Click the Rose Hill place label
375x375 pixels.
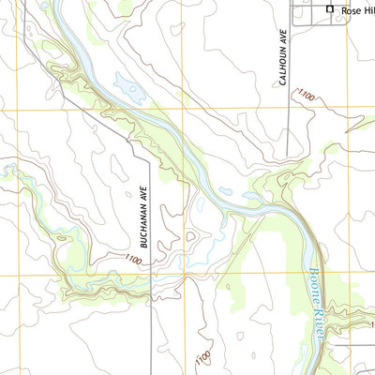click(357, 10)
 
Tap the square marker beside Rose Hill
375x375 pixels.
click(329, 9)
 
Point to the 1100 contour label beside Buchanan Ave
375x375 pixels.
click(134, 259)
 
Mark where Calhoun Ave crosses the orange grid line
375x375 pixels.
click(287, 109)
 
